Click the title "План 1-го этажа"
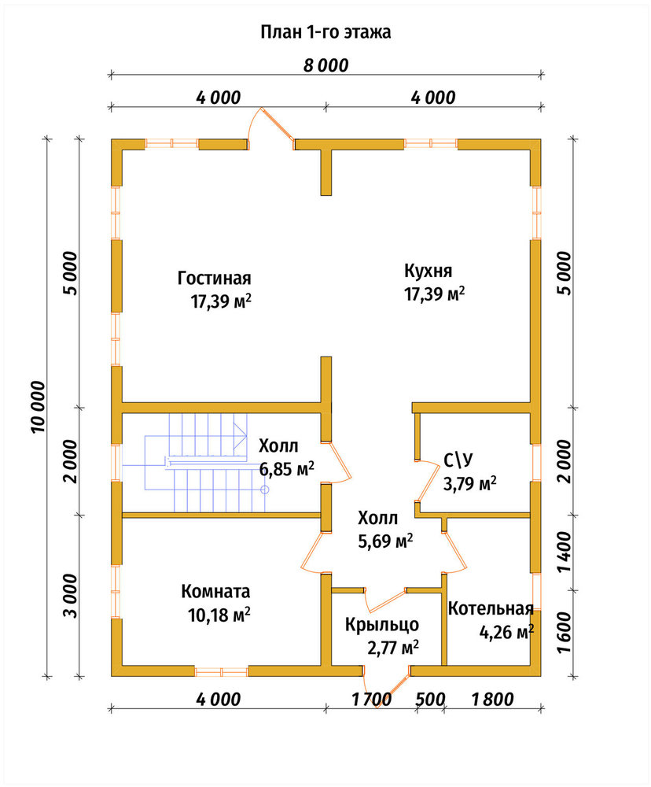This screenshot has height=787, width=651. (325, 32)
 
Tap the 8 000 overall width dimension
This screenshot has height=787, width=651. (325, 65)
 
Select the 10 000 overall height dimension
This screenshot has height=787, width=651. (38, 407)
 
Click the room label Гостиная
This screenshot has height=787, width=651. (214, 278)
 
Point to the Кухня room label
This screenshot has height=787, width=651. (428, 271)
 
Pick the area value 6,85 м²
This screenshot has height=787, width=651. (286, 469)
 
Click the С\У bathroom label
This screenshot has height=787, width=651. (458, 460)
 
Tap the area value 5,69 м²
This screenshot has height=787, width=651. (385, 541)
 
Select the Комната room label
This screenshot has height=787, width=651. (215, 591)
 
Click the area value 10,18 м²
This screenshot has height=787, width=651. (219, 615)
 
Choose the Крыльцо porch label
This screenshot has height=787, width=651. (381, 624)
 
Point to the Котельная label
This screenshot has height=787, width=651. (491, 609)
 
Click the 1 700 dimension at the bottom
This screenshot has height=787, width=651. (371, 699)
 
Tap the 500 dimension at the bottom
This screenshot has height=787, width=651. (430, 699)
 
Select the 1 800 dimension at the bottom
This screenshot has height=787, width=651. (493, 699)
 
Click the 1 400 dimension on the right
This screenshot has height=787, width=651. (564, 552)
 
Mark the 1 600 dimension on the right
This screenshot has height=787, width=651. (564, 633)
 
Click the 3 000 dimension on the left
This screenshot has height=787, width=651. (71, 596)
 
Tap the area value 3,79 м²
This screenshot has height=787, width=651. (470, 484)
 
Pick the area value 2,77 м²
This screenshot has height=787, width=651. (392, 648)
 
